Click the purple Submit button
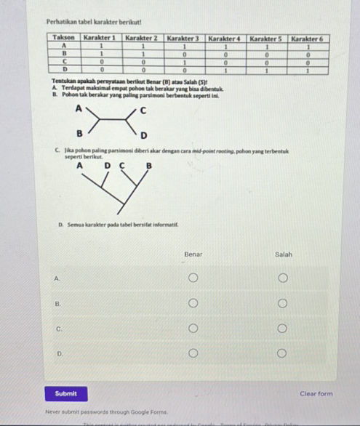pos(65,393)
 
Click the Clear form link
pos(316,394)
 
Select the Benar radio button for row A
pos(193,278)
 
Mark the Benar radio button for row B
pos(193,303)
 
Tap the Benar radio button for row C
pos(193,329)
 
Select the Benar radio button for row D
pos(193,354)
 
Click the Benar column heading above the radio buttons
pos(193,254)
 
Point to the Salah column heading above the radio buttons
pos(283,254)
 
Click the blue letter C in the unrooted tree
pos(143,110)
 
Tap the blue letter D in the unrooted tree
pos(143,135)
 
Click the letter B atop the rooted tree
pos(148,165)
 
